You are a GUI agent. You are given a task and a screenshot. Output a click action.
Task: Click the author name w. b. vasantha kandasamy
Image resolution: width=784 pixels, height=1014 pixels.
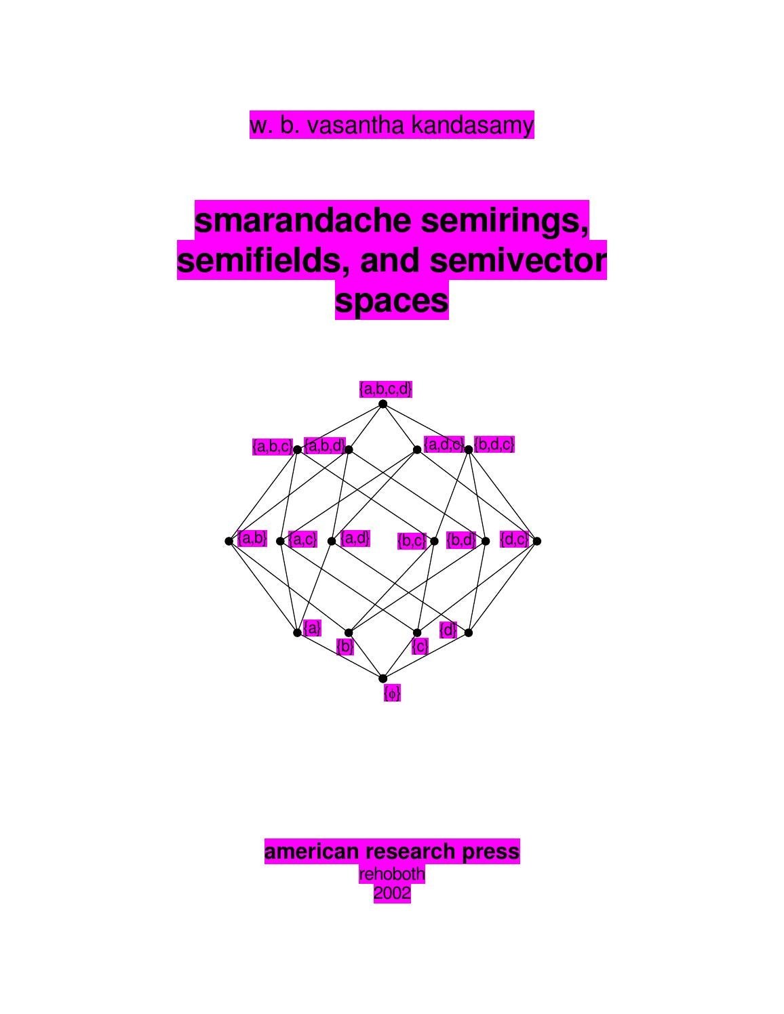click(x=391, y=125)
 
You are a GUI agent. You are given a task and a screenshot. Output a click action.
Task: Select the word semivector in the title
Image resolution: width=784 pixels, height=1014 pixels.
click(x=516, y=260)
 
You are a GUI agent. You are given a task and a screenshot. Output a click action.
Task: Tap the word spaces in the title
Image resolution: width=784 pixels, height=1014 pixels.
click(x=391, y=300)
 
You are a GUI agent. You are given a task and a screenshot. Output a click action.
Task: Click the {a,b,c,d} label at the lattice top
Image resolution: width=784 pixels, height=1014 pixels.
click(x=385, y=389)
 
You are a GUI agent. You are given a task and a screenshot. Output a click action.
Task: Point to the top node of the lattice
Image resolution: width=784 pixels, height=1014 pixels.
click(x=383, y=404)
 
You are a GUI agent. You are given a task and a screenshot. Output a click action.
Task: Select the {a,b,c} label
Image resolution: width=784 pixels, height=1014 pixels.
click(x=272, y=447)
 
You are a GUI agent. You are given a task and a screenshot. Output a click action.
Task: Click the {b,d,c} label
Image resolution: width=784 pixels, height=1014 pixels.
click(x=494, y=445)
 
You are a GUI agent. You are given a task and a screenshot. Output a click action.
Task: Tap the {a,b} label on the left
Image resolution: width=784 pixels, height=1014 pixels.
click(x=252, y=539)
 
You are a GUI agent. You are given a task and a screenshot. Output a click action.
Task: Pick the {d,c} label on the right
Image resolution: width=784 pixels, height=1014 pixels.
click(x=513, y=540)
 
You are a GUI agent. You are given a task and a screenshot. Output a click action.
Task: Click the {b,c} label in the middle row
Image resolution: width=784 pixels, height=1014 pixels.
click(x=412, y=541)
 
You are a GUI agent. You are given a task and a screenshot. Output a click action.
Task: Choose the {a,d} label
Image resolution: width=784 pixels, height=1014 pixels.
click(x=355, y=538)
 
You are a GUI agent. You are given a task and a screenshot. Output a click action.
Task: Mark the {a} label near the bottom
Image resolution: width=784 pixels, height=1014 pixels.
click(x=312, y=628)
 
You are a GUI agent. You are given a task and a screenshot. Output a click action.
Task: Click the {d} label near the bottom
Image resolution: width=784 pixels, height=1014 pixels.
click(x=448, y=630)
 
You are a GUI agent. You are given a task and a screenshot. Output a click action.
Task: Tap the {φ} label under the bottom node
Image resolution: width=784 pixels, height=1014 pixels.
click(x=392, y=693)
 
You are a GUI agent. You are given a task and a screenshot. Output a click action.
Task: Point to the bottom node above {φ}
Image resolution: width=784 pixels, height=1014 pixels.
click(x=383, y=678)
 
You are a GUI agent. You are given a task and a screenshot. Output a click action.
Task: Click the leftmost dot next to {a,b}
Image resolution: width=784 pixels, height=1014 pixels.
click(x=229, y=541)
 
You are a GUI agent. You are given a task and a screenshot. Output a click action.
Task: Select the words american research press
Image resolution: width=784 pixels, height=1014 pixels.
click(x=391, y=851)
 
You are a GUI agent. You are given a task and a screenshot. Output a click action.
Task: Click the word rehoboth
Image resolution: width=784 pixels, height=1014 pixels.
click(x=391, y=874)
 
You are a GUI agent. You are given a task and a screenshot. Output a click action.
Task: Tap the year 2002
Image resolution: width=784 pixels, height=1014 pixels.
click(x=391, y=894)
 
